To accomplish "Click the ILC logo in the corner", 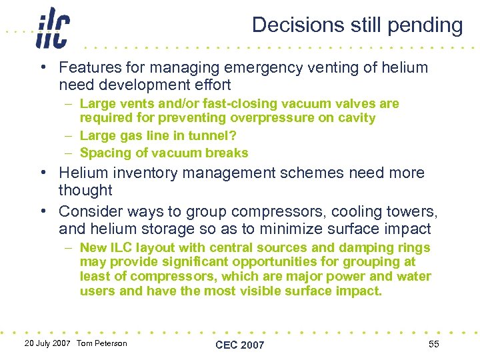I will [53, 28].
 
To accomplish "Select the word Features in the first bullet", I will [85, 67].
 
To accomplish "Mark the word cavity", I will [356, 118].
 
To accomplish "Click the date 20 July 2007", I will [48, 343].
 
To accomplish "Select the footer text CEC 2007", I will [240, 345].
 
